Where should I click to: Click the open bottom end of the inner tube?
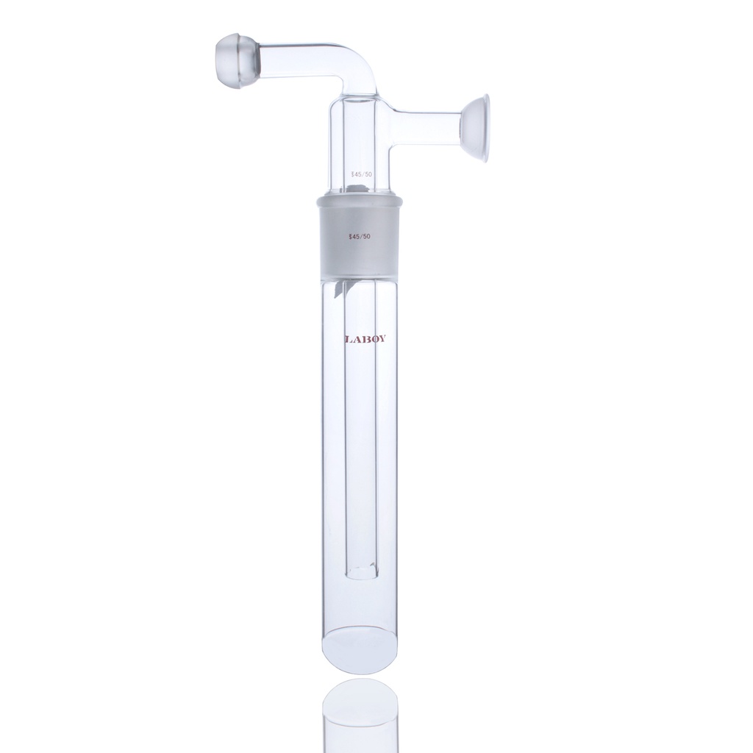coord(360,571)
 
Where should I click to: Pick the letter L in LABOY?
coord(347,340)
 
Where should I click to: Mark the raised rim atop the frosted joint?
coord(360,199)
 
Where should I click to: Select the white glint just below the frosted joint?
coord(340,288)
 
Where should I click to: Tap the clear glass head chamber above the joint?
coord(360,140)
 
